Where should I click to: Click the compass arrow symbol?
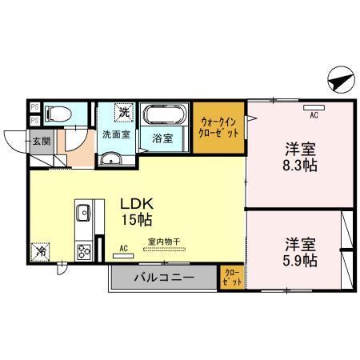[338, 80]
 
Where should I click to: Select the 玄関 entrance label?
[40, 142]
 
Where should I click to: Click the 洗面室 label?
[115, 134]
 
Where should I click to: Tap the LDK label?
[138, 203]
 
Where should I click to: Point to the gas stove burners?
[82, 253]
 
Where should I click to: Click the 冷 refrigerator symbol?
[41, 251]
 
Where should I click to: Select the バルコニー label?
[163, 278]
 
